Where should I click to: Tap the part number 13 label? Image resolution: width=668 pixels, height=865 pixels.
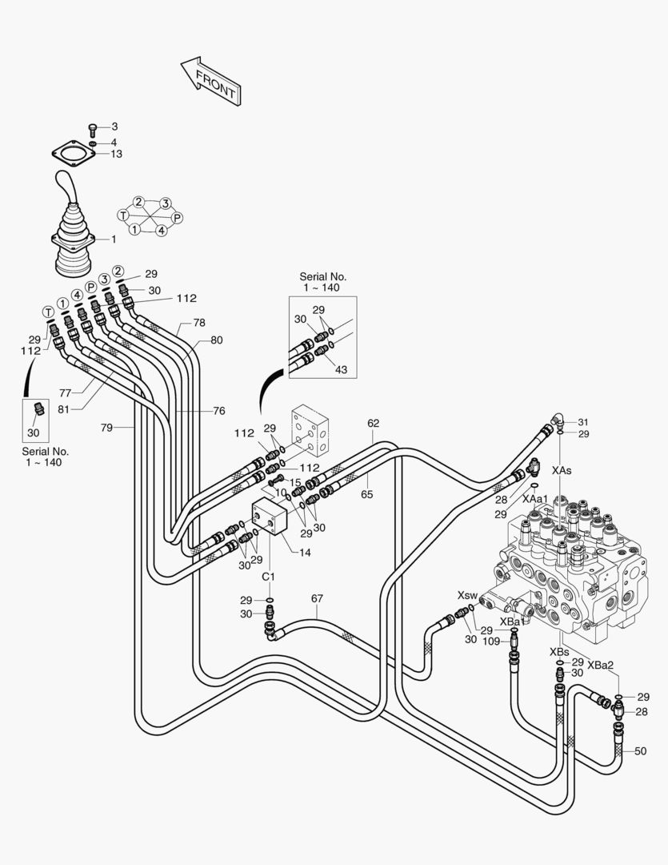pyautogui.click(x=116, y=154)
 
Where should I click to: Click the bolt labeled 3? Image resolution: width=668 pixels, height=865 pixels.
pyautogui.click(x=93, y=128)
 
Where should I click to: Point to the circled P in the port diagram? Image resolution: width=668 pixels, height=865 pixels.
pyautogui.click(x=177, y=218)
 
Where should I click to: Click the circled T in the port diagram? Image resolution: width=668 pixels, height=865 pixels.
pyautogui.click(x=123, y=215)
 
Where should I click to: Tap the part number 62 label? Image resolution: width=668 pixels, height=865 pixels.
pyautogui.click(x=374, y=423)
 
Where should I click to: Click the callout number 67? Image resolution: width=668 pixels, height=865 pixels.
pyautogui.click(x=317, y=598)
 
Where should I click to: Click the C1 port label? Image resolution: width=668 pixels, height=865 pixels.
pyautogui.click(x=269, y=577)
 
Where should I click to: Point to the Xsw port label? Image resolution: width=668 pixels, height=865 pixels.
pyautogui.click(x=467, y=596)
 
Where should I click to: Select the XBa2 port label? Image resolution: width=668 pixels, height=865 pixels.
pyautogui.click(x=600, y=665)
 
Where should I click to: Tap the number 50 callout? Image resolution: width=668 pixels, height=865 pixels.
pyautogui.click(x=640, y=751)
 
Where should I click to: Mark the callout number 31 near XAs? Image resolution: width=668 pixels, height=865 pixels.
pyautogui.click(x=583, y=422)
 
